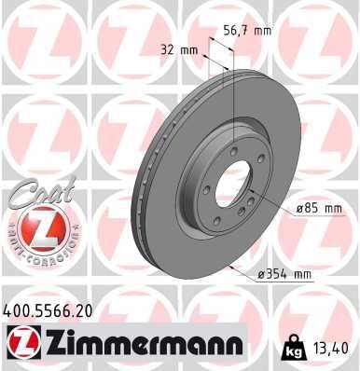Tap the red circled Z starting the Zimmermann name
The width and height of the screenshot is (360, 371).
[x=21, y=344]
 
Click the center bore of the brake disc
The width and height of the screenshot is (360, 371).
[x=230, y=185]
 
